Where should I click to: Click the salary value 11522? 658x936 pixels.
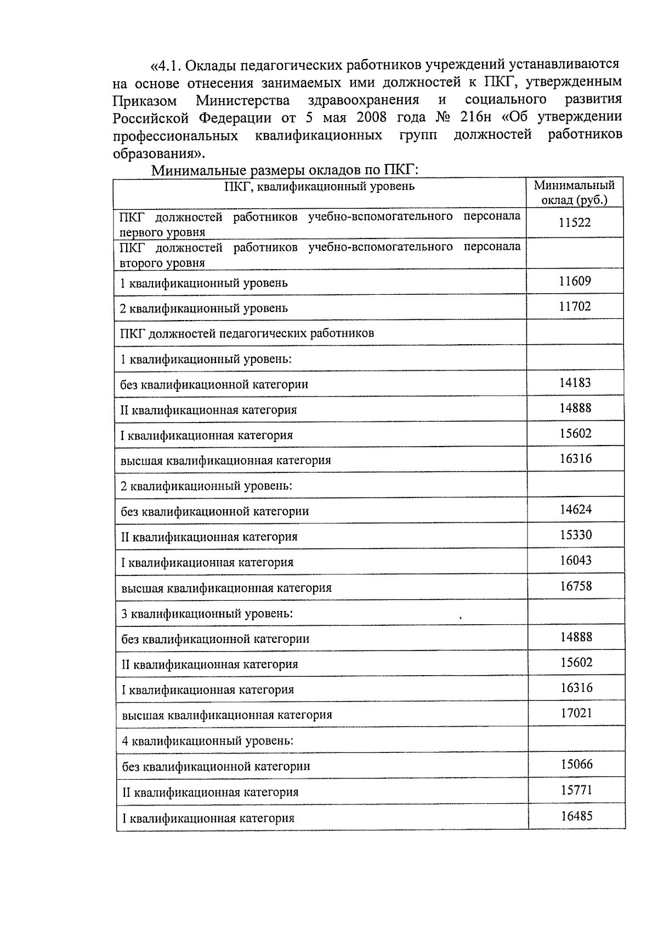tap(575, 222)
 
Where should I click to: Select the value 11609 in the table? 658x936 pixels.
tap(575, 282)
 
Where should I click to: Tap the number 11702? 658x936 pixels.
tap(575, 307)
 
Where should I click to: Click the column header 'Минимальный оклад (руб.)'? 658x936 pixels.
tap(574, 192)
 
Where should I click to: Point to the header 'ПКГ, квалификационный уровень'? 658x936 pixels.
tap(320, 186)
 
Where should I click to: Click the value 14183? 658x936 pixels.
tap(575, 383)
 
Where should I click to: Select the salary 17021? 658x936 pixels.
tap(576, 714)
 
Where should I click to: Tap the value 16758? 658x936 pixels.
tap(576, 586)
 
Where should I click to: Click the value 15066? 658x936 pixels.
tap(576, 764)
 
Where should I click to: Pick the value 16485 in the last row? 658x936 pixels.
tap(576, 817)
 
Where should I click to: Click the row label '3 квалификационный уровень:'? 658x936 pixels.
tap(207, 614)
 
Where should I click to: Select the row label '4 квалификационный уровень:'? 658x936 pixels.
tap(208, 741)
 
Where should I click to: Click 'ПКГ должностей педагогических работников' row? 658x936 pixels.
tap(247, 333)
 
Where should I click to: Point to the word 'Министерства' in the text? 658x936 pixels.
tap(243, 100)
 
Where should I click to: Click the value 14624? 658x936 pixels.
tap(575, 510)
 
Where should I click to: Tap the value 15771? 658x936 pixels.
tap(576, 790)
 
